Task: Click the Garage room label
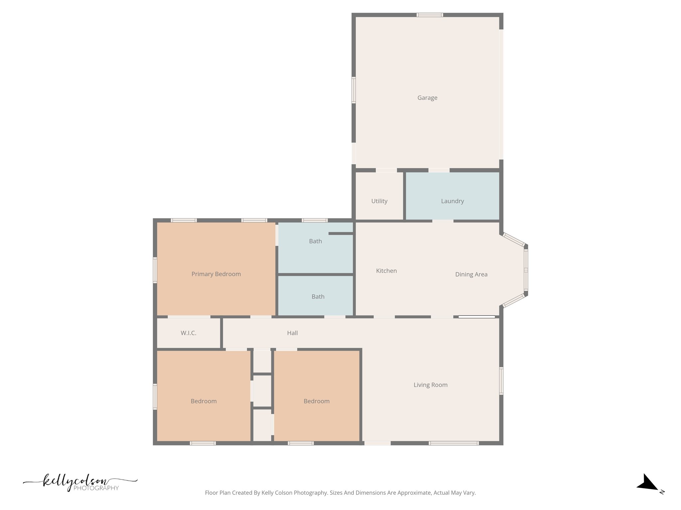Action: pyautogui.click(x=427, y=98)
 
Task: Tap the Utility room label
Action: pyautogui.click(x=379, y=201)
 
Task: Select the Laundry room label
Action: pyautogui.click(x=452, y=201)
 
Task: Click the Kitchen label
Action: pyautogui.click(x=386, y=271)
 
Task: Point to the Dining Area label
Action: pyautogui.click(x=471, y=274)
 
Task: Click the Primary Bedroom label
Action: pyautogui.click(x=216, y=274)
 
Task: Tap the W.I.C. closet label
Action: pyautogui.click(x=189, y=333)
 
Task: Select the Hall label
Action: pyautogui.click(x=292, y=333)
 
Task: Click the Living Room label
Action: pyautogui.click(x=430, y=385)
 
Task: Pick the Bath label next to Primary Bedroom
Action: pyautogui.click(x=315, y=241)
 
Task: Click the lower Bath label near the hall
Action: pyautogui.click(x=318, y=297)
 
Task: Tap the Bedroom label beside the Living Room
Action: pyautogui.click(x=317, y=401)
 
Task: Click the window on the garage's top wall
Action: pyautogui.click(x=430, y=15)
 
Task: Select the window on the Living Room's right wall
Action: pyautogui.click(x=501, y=381)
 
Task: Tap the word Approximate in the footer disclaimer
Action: pyautogui.click(x=415, y=493)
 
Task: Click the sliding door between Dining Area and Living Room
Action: pyautogui.click(x=477, y=317)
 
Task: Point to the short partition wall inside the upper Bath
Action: pyautogui.click(x=340, y=233)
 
